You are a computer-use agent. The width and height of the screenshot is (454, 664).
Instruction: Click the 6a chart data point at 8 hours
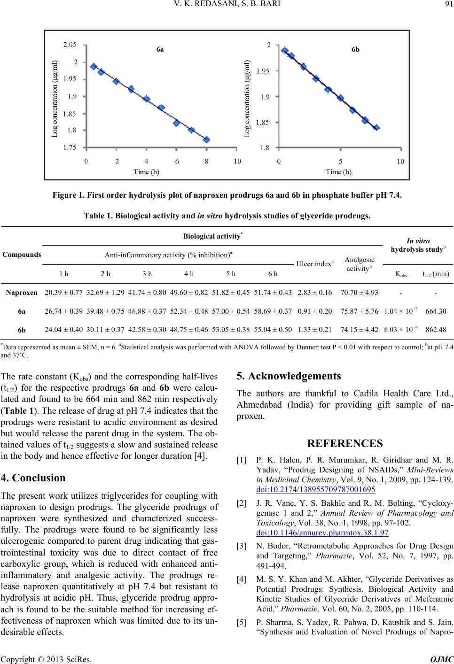206,139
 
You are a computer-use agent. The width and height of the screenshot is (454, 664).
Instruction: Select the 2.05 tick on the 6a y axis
70,45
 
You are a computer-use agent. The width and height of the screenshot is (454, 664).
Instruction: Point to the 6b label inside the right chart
355,49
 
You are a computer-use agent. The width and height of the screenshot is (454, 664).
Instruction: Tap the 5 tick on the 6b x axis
340,162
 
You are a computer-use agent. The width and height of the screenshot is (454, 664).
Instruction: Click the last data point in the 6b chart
376,128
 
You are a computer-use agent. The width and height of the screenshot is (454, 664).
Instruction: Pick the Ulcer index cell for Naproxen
315,293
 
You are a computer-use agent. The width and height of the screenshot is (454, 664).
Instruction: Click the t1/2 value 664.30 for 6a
436,311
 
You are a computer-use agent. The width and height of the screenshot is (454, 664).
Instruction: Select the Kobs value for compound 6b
401,329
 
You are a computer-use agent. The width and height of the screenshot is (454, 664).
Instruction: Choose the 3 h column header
147,274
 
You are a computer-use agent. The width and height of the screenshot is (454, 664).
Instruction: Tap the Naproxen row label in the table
22,293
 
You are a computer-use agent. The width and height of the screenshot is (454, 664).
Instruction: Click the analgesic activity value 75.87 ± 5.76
360,311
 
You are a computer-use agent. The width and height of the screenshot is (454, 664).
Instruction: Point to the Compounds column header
22,255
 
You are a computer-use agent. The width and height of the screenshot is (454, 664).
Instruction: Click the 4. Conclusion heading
33,478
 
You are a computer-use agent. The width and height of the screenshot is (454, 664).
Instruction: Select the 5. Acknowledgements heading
289,376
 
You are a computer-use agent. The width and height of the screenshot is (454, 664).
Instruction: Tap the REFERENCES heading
345,443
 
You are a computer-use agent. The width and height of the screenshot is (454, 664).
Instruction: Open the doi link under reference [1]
316,489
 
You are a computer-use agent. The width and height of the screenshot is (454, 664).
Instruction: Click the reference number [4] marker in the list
242,579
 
